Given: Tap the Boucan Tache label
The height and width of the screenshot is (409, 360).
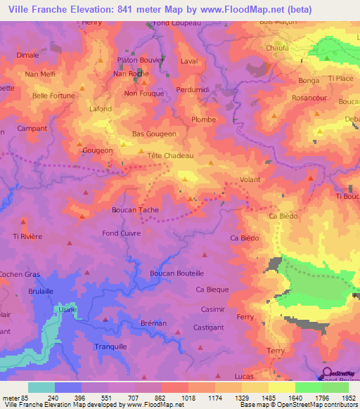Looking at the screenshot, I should click(x=135, y=209).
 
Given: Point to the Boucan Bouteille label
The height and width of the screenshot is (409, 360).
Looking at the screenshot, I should click(x=177, y=273).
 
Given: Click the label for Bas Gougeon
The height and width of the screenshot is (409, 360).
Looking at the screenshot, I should click(x=154, y=133).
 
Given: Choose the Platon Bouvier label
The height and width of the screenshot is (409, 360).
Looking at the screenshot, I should click(x=141, y=60).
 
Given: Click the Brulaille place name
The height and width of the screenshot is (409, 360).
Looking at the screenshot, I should click(x=41, y=291).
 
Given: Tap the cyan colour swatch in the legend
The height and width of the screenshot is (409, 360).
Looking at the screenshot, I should click(x=41, y=387).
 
